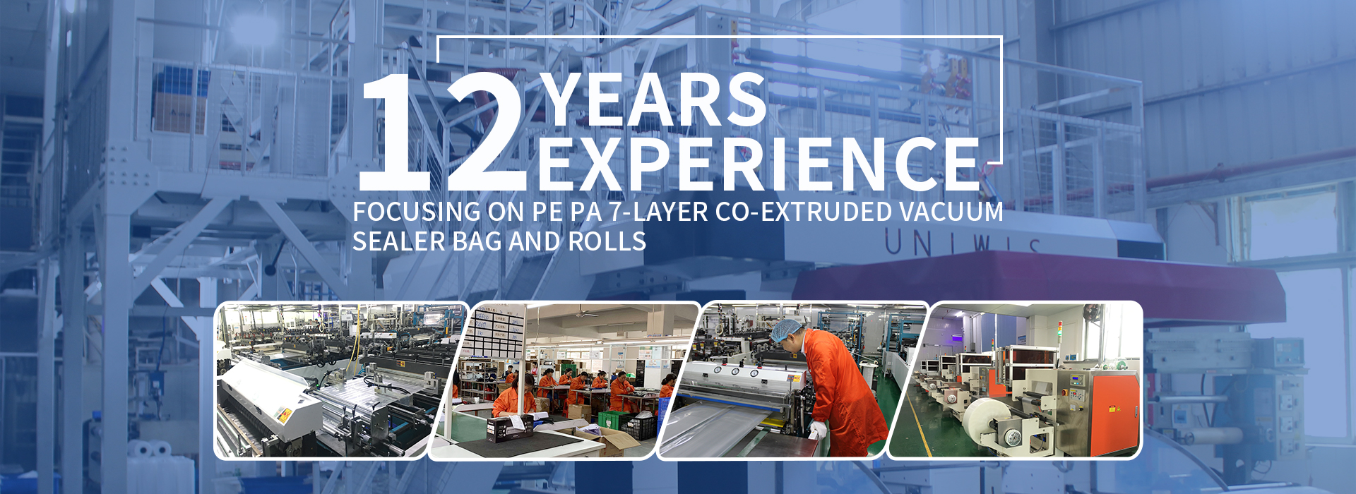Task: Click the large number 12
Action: pyautogui.click(x=444, y=131)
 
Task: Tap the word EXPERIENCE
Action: pyautogui.click(x=759, y=164)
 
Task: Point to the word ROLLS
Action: pyautogui.click(x=607, y=242)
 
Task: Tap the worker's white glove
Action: pyautogui.click(x=817, y=429)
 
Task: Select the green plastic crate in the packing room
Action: pyautogui.click(x=614, y=419)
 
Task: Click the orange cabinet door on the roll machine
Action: pyautogui.click(x=1115, y=406)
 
